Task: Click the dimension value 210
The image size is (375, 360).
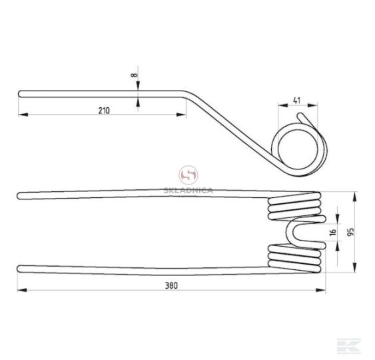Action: (104, 111)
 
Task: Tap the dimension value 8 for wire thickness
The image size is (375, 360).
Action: (135, 75)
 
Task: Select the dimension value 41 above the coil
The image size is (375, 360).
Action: (296, 101)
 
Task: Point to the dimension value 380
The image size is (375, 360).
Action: (171, 285)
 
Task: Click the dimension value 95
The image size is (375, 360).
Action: (350, 232)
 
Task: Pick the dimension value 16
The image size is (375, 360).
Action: (332, 232)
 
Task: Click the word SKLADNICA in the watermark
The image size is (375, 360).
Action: (188, 191)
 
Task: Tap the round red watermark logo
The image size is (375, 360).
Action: (188, 175)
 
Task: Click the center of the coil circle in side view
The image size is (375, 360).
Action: (298, 149)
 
